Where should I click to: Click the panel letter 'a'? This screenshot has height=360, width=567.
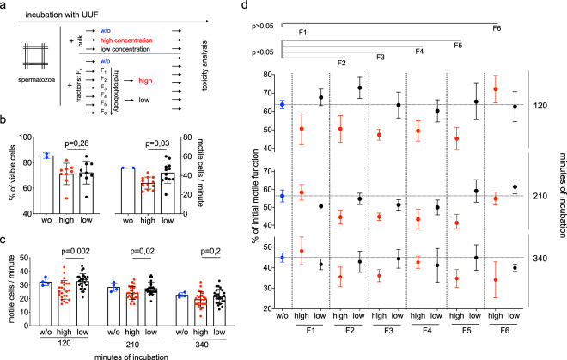6,6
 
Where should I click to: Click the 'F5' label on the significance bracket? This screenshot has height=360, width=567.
457,45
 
